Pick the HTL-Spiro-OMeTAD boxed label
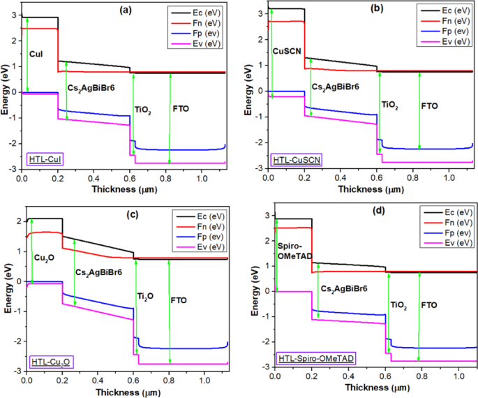[312, 358]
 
